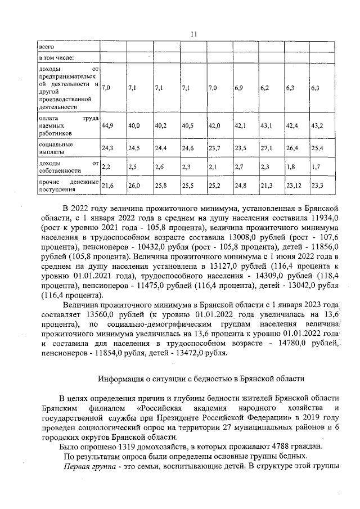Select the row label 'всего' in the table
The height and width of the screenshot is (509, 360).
(x=45, y=46)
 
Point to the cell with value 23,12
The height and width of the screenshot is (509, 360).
(x=294, y=185)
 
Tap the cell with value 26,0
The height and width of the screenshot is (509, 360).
(x=134, y=185)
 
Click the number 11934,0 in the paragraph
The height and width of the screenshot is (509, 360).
(x=320, y=219)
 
